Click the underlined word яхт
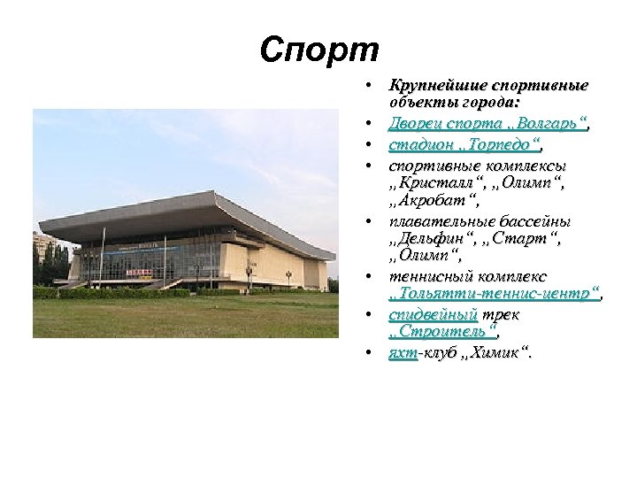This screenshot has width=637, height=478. [x=403, y=353]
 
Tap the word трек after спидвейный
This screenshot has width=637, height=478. [x=502, y=315]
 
